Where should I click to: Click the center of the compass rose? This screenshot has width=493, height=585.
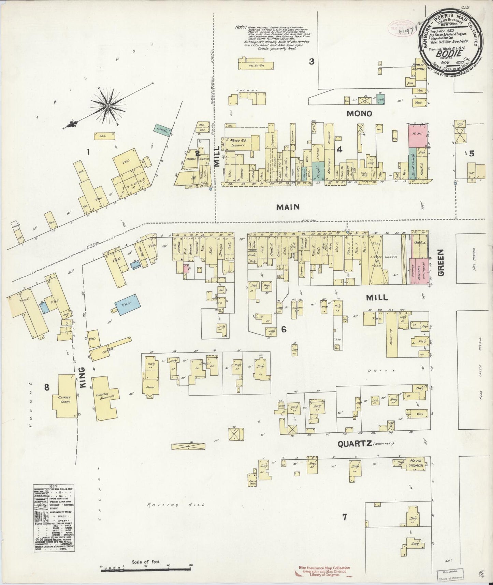(x=108, y=106)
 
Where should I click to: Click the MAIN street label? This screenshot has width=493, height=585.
(x=288, y=207)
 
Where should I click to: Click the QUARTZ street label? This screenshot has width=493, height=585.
(x=354, y=444)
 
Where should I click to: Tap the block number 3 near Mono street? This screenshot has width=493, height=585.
(x=311, y=62)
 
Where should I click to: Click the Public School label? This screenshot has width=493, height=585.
(x=419, y=67)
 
